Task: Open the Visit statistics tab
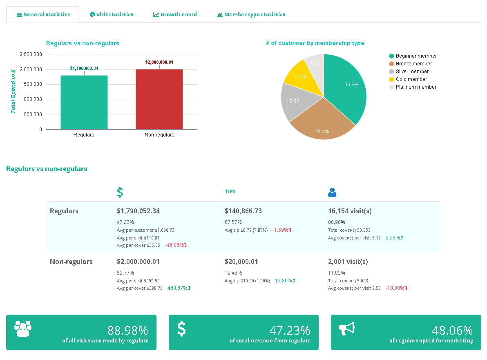112,14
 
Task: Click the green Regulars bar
84,102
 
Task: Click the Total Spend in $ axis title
13,91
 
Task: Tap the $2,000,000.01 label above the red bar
159,63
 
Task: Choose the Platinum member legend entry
416,87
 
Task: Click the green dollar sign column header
120,192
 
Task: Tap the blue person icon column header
332,192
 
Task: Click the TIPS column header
230,192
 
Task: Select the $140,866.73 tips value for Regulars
243,211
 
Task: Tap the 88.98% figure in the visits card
127,330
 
